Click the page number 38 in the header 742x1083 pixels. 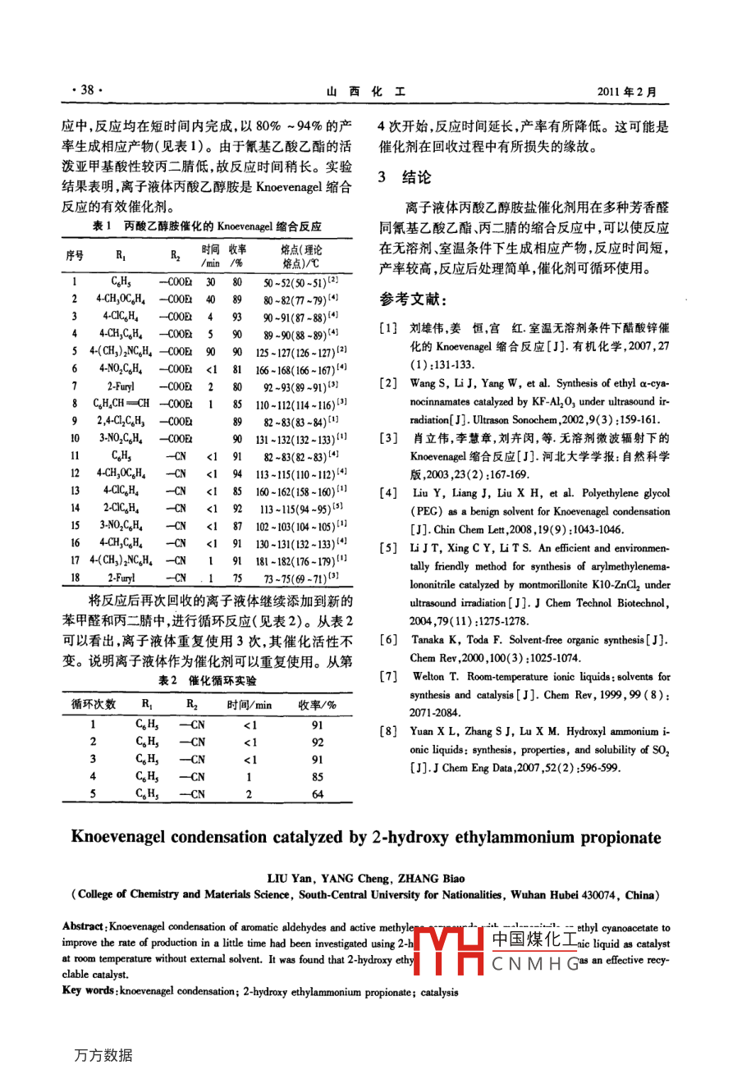(x=86, y=90)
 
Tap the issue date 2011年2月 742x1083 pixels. (x=627, y=92)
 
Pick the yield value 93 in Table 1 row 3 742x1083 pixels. (x=237, y=316)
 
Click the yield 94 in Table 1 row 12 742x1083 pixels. (x=237, y=473)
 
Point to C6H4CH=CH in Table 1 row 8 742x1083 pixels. (x=121, y=404)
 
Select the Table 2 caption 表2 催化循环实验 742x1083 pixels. (x=207, y=680)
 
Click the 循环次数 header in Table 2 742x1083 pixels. (x=94, y=704)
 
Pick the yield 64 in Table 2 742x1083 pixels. (x=318, y=794)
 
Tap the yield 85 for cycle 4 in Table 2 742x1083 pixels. (x=318, y=776)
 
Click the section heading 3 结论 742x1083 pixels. (x=404, y=177)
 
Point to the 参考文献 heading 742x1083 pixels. (x=413, y=299)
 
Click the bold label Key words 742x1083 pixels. (x=89, y=991)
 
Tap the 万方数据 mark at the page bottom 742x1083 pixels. (x=103, y=1055)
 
